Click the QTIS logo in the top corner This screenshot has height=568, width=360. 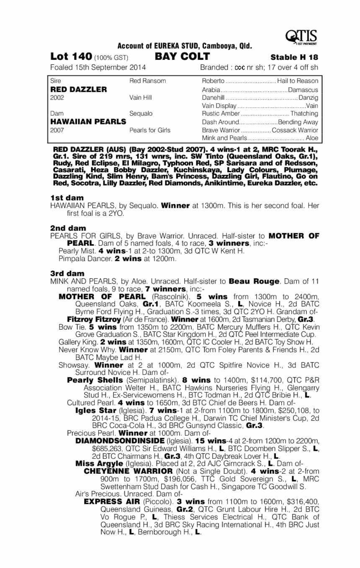301,37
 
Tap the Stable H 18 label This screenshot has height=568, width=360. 294,57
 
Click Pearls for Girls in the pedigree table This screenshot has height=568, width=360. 150,130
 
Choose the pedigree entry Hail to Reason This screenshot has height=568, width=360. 298,81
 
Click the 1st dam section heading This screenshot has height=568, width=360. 67,198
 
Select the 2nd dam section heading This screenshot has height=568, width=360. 68,228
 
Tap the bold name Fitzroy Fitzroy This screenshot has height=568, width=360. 89,319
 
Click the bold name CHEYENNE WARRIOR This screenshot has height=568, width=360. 126,471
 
